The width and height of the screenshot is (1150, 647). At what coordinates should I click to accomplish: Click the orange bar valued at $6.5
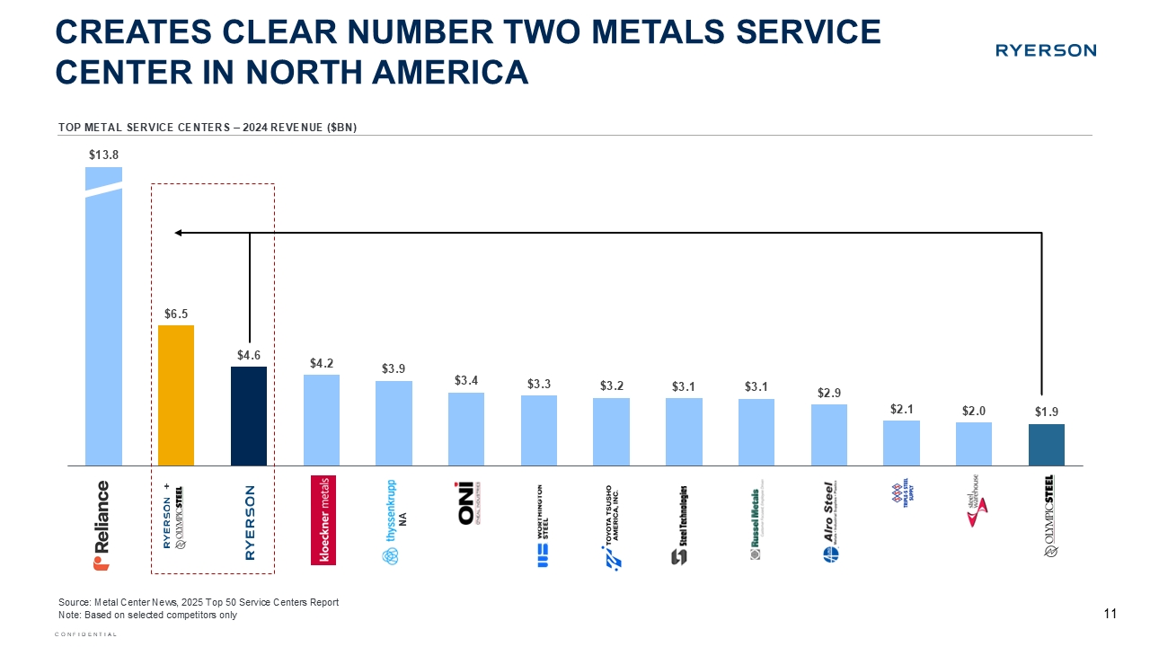coord(176,395)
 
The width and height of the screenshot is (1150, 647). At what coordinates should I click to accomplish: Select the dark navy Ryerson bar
coord(249,415)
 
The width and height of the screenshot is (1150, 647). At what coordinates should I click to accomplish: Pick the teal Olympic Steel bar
coord(1047,445)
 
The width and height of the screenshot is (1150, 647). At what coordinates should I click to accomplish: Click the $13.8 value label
coord(103,155)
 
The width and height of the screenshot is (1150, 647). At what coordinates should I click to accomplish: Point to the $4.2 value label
coord(322,363)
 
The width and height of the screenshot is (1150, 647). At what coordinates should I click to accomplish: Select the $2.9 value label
coord(829,393)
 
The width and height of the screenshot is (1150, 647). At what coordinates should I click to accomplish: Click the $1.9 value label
coord(1047,412)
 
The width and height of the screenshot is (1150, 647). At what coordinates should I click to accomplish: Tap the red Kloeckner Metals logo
coord(322,519)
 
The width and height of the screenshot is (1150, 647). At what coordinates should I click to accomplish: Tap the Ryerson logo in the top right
coord(1045,50)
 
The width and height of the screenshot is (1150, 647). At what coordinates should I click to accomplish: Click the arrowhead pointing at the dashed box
coord(179,233)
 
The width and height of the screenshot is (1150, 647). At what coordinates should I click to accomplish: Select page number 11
coord(1109,614)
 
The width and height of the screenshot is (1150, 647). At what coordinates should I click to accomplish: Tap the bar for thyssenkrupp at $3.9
coord(394,422)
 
